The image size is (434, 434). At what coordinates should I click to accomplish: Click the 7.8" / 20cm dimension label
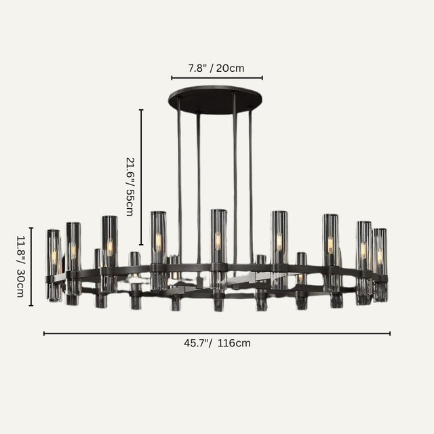click(216, 68)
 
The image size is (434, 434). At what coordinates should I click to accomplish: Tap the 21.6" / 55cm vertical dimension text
click(130, 186)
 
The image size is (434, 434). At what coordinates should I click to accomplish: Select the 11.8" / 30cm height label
click(20, 266)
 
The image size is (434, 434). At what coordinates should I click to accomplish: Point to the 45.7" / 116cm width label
click(217, 343)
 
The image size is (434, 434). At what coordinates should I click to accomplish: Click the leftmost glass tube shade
click(53, 264)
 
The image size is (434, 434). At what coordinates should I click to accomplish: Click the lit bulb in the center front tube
click(218, 241)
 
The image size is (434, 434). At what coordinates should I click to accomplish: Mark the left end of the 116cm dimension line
click(44, 333)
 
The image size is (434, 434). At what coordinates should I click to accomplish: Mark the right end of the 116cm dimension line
click(391, 333)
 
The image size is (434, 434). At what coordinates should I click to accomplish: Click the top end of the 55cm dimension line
click(141, 110)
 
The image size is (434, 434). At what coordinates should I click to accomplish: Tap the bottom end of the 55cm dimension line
click(141, 245)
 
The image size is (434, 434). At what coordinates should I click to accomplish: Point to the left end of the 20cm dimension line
click(172, 78)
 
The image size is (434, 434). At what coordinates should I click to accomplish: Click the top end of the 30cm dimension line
click(31, 227)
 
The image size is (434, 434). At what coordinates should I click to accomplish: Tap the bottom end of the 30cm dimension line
click(31, 306)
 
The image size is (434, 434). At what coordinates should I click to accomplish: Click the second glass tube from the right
click(363, 261)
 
